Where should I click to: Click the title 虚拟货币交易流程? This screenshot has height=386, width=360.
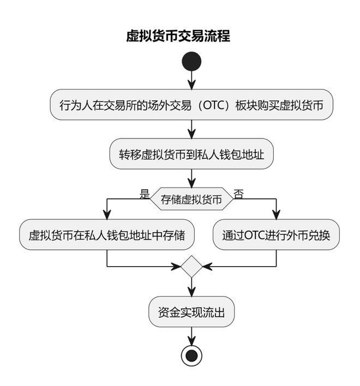(178, 37)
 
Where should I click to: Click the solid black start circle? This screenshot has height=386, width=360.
(191, 61)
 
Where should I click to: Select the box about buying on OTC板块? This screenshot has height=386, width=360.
(191, 104)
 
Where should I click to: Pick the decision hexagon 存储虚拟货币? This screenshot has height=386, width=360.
(191, 200)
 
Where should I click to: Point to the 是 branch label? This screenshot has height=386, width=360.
(145, 194)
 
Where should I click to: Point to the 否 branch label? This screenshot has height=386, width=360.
(238, 194)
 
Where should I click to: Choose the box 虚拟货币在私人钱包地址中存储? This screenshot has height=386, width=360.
(107, 235)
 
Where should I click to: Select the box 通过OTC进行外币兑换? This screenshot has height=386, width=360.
(276, 235)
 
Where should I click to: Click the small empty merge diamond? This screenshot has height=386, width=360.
(191, 267)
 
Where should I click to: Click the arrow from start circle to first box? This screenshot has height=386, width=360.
(191, 80)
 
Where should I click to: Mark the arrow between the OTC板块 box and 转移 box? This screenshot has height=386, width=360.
(191, 129)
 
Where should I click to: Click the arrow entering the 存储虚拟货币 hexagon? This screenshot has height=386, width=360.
(191, 178)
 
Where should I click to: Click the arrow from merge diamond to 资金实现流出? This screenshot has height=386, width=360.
(191, 287)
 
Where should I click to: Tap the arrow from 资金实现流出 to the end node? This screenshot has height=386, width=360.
(191, 335)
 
